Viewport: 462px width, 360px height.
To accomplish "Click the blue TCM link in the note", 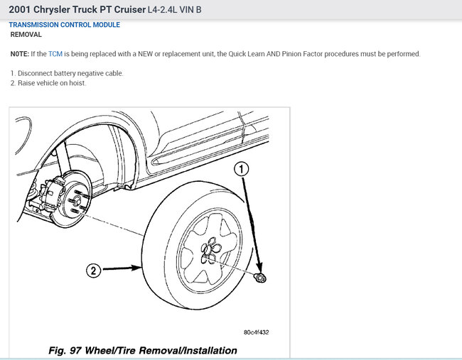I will coord(55,54).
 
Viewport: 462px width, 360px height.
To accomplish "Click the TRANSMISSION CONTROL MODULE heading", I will coord(65,25).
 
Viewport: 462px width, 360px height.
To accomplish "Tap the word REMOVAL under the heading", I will coord(26,34).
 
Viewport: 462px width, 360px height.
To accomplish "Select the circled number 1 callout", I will coord(242,169).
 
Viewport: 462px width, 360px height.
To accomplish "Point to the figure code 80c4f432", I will coord(256,332).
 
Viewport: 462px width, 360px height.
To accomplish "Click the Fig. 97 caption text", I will coord(142,350).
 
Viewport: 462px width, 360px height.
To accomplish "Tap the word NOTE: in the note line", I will coord(20,54).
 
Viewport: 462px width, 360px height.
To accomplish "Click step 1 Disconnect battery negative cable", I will coord(67,73).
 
